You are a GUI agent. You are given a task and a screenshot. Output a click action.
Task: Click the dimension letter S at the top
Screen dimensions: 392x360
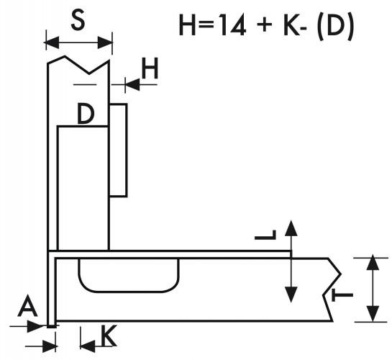(x=78, y=20)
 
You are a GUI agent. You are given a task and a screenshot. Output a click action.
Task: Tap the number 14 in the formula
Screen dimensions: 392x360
(x=234, y=24)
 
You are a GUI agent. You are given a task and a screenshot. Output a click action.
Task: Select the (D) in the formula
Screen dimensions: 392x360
(x=335, y=25)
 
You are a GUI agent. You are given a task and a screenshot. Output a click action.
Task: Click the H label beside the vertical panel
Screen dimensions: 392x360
(x=150, y=68)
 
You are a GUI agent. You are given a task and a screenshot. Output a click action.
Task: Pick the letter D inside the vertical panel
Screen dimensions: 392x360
(x=86, y=114)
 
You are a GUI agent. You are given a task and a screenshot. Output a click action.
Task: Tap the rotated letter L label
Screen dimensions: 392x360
(x=265, y=235)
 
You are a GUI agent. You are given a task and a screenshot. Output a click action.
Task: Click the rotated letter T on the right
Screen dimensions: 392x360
(x=342, y=295)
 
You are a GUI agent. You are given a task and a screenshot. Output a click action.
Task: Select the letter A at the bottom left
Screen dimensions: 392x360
(x=28, y=305)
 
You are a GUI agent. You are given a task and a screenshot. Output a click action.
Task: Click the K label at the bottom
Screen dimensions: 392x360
(x=109, y=336)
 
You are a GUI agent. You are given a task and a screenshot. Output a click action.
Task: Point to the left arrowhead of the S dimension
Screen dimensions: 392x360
(x=52, y=42)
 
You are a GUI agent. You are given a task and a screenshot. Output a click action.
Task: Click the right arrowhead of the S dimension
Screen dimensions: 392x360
(x=105, y=42)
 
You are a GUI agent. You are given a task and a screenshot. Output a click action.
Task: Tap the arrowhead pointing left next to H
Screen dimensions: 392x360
(x=132, y=84)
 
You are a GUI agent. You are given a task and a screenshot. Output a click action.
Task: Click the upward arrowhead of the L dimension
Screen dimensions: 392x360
(x=291, y=228)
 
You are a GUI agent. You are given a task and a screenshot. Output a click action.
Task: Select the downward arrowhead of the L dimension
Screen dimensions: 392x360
(x=291, y=294)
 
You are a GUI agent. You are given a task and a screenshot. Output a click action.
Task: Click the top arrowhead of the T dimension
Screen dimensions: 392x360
(x=373, y=262)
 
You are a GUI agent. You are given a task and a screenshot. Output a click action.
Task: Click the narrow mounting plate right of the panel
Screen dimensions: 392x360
(x=118, y=150)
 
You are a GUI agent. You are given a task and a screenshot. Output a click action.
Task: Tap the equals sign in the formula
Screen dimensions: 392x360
(x=206, y=25)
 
